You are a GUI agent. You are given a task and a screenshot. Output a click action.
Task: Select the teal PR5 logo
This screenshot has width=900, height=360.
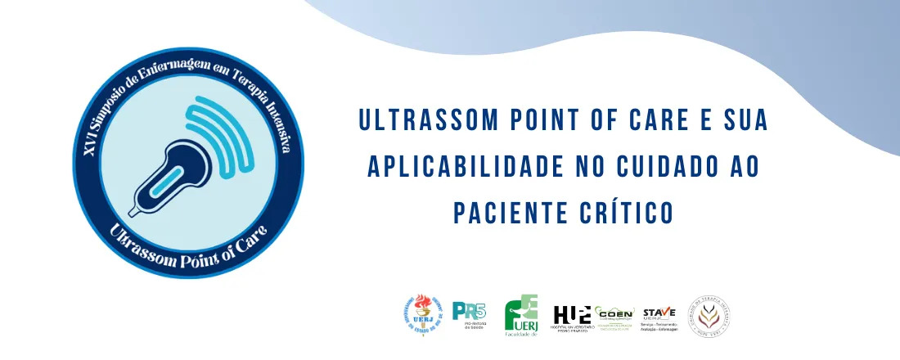[470, 313]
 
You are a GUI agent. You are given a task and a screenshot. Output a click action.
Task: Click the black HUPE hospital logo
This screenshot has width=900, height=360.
[572, 316]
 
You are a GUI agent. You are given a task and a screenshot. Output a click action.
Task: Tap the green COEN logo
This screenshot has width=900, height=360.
[615, 316]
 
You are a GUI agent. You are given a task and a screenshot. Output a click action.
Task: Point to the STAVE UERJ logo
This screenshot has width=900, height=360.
[659, 314]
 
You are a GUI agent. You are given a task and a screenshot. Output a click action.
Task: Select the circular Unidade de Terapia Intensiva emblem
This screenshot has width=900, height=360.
[709, 315]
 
